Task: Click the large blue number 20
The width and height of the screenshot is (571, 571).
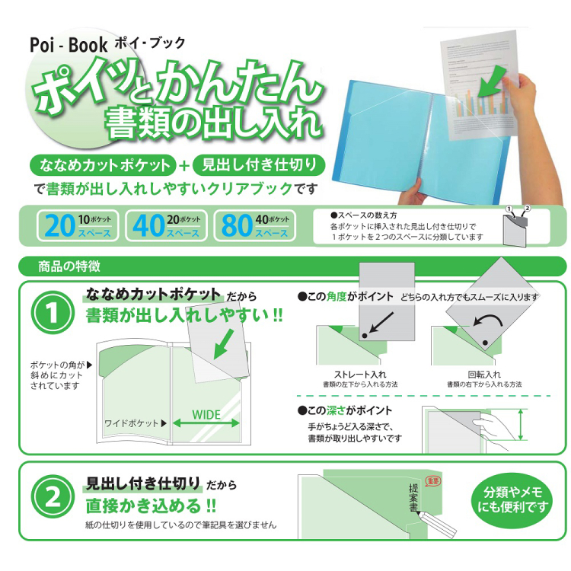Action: (x=59, y=225)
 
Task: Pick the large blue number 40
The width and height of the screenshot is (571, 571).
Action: (x=148, y=225)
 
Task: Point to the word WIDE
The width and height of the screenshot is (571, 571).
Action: (x=206, y=415)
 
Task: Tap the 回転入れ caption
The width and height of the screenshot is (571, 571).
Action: (x=483, y=375)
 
